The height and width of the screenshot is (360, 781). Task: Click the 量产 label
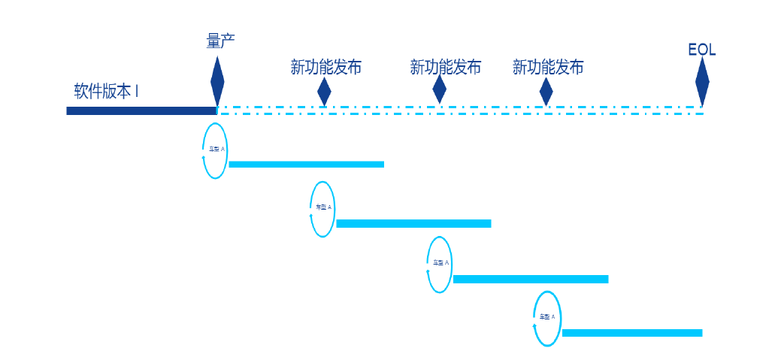click(x=221, y=41)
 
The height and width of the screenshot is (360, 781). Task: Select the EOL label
click(x=702, y=50)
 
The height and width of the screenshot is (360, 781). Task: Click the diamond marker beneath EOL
click(x=702, y=82)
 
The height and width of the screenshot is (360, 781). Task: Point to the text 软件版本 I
click(x=106, y=92)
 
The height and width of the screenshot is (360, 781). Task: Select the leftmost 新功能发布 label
click(x=326, y=68)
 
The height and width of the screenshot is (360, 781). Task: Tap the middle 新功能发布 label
click(x=445, y=68)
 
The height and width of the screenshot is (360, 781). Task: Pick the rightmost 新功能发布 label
click(x=548, y=68)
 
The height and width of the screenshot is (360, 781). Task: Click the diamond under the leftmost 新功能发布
click(x=324, y=91)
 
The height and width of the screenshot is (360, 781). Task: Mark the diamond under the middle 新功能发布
click(x=440, y=89)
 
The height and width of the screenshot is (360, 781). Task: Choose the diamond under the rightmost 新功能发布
click(x=546, y=91)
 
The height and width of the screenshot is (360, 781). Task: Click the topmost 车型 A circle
click(x=215, y=150)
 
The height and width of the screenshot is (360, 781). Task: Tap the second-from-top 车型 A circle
click(x=322, y=209)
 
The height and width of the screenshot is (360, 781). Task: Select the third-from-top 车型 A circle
click(x=440, y=265)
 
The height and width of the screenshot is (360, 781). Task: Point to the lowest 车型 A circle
click(x=547, y=319)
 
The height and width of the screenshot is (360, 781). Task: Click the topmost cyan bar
click(x=306, y=165)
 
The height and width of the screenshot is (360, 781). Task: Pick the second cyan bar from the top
click(x=413, y=223)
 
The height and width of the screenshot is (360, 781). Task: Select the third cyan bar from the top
click(x=530, y=280)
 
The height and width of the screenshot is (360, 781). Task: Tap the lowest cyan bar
click(x=631, y=333)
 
